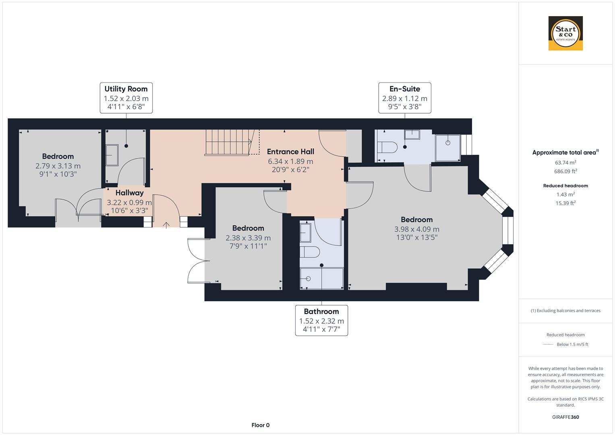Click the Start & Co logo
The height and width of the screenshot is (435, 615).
565,33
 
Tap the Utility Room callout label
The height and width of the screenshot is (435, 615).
126,98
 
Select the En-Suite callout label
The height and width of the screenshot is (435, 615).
405,98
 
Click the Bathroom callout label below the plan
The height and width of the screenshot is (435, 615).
321,320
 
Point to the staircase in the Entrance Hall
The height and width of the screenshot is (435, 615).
228,142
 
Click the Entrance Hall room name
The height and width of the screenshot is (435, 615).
290,152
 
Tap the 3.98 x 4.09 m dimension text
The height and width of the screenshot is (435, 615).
416,229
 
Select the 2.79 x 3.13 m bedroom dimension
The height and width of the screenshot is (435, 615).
58,166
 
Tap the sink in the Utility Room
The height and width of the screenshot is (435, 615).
112,155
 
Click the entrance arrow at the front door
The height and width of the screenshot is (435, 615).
166,224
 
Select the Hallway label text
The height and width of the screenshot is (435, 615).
129,193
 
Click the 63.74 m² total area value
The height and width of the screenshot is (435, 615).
565,163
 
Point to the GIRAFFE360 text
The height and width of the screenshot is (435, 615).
565,417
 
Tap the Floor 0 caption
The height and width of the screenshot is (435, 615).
260,425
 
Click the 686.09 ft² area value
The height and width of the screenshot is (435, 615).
565,171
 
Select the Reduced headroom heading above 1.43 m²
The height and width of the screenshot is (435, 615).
565,186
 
